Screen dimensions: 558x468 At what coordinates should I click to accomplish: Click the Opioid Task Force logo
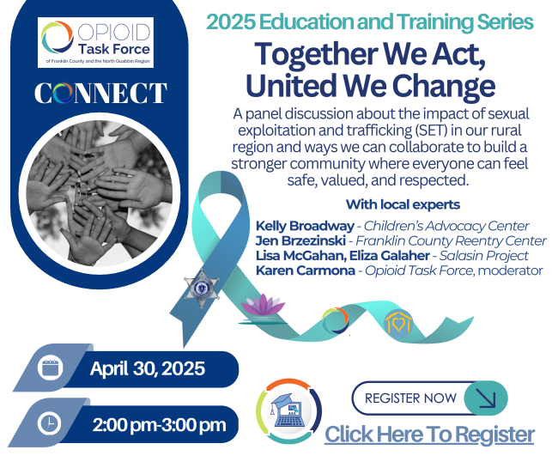95,42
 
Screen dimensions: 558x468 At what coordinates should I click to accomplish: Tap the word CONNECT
100,94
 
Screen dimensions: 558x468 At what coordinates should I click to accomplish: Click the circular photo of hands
100,193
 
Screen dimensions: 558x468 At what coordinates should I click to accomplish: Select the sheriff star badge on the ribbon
202,289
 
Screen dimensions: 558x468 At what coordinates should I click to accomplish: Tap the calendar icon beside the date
50,368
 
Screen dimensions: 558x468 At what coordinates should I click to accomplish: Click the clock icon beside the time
50,423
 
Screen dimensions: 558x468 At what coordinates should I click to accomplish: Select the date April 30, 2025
148,368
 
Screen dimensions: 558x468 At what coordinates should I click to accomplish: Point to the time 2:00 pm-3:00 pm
159,425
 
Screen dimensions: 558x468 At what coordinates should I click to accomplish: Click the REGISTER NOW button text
410,398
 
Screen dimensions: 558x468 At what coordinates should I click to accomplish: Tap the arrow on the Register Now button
486,398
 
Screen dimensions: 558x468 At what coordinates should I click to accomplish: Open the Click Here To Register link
429,435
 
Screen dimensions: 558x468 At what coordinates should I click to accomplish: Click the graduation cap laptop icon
289,411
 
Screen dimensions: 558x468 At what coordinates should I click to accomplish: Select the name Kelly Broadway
305,226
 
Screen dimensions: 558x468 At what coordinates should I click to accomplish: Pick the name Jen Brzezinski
300,241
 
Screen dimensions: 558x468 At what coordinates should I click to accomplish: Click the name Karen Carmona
306,270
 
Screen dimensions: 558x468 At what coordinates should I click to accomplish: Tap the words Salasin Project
483,256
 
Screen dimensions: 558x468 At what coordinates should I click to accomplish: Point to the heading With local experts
403,204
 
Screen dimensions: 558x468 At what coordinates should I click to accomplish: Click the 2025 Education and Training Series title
370,21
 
